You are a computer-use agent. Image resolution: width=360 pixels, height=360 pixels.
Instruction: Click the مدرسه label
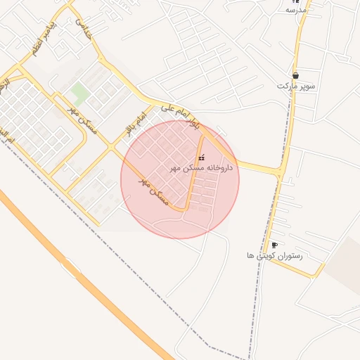pos(296,11)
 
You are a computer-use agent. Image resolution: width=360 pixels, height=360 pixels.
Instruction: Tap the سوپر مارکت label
pos(295,86)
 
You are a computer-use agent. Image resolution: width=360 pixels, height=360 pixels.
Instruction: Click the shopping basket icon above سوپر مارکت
pos(295,75)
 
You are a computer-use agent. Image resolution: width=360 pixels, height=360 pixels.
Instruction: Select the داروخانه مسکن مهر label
pos(202,169)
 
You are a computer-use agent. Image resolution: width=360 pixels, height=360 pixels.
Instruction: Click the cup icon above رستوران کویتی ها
pos(274,245)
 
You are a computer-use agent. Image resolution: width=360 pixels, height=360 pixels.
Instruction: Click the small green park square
pos(79,92)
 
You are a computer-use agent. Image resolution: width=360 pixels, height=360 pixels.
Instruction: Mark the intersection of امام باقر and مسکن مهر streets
pos(110,148)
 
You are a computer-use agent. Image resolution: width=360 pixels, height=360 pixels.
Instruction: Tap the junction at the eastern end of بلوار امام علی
pos(281,171)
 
